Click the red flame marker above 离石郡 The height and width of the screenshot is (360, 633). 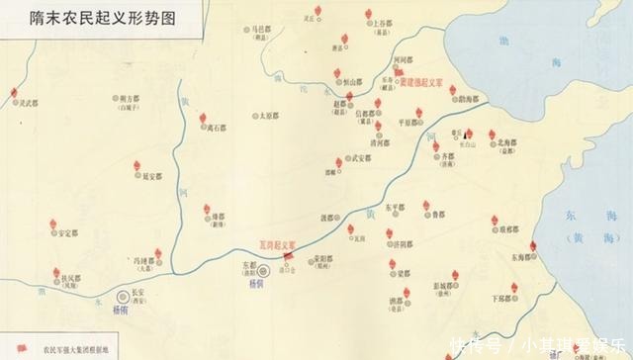coord(203,119)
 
